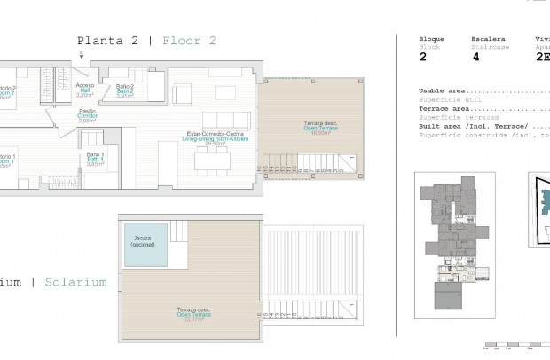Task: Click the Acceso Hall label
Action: [x=84, y=89]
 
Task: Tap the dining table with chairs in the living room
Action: [x=212, y=159]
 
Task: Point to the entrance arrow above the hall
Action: [x=83, y=56]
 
